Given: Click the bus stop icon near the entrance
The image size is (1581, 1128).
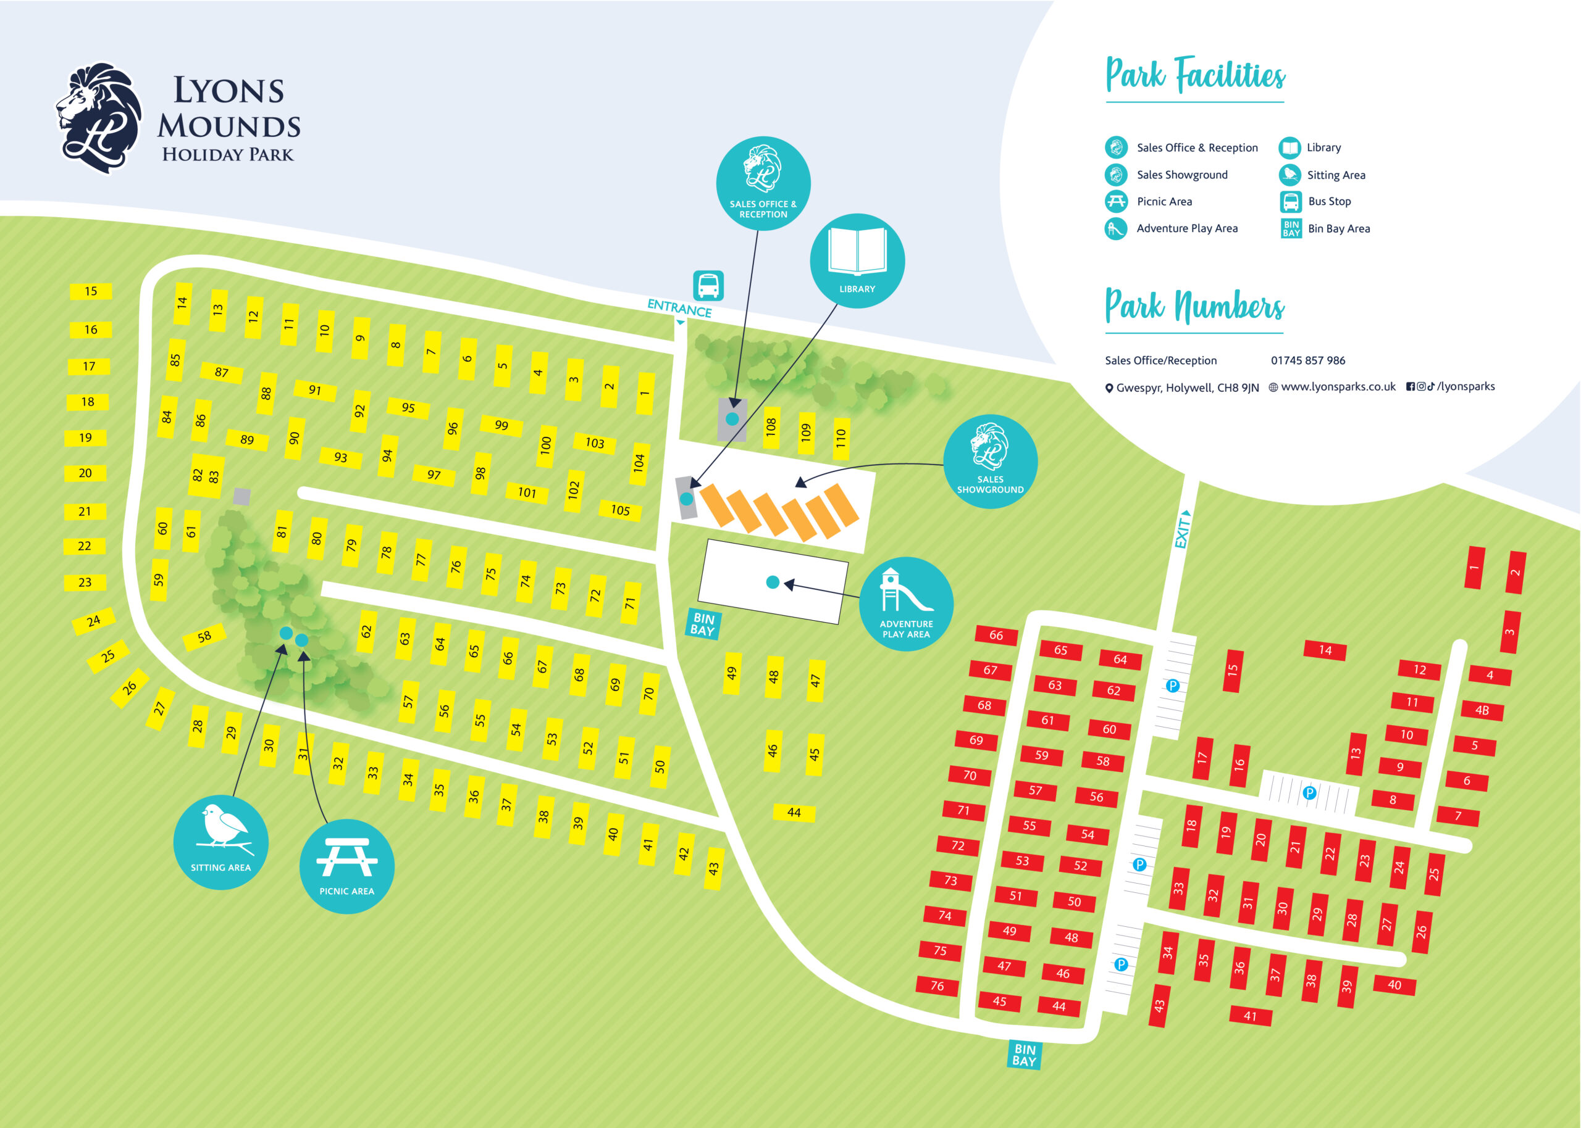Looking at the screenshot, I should click(x=708, y=286).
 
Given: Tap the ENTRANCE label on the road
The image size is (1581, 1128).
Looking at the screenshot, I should click(x=679, y=308).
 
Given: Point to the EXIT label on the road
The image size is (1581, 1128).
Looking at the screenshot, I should click(x=1182, y=531).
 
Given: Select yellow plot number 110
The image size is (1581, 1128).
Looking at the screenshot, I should click(x=841, y=438).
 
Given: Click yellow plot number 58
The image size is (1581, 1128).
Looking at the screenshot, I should click(x=204, y=636).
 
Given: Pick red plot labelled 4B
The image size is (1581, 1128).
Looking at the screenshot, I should click(x=1482, y=710).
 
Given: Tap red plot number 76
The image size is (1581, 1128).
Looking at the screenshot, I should click(x=937, y=985).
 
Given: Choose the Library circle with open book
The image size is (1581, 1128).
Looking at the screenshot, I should click(x=857, y=261).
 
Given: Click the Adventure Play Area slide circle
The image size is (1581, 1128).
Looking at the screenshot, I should click(x=905, y=603).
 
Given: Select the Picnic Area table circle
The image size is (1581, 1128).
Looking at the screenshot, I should click(x=347, y=866).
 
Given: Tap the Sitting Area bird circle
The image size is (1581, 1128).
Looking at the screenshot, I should click(x=221, y=842).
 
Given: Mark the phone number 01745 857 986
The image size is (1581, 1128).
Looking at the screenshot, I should click(x=1307, y=360).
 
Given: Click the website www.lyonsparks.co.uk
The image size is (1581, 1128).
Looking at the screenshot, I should click(x=1337, y=387).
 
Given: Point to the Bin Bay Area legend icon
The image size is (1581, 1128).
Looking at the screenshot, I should click(x=1291, y=228).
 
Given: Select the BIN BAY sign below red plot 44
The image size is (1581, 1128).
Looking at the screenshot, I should click(x=1024, y=1055).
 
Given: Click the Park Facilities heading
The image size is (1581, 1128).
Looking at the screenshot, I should click(x=1194, y=76).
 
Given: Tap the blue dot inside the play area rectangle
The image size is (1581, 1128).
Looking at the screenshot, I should click(x=772, y=582).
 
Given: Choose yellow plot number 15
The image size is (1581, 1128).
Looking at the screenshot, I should click(x=91, y=291).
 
